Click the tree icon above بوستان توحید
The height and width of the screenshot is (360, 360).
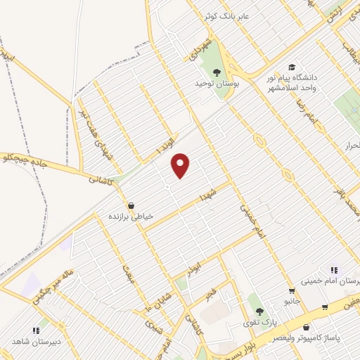216,71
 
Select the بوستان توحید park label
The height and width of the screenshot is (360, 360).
213,83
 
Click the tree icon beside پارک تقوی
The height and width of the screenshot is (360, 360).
259,311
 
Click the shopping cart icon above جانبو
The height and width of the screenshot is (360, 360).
291,290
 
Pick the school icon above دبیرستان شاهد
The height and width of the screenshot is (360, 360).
36,330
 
